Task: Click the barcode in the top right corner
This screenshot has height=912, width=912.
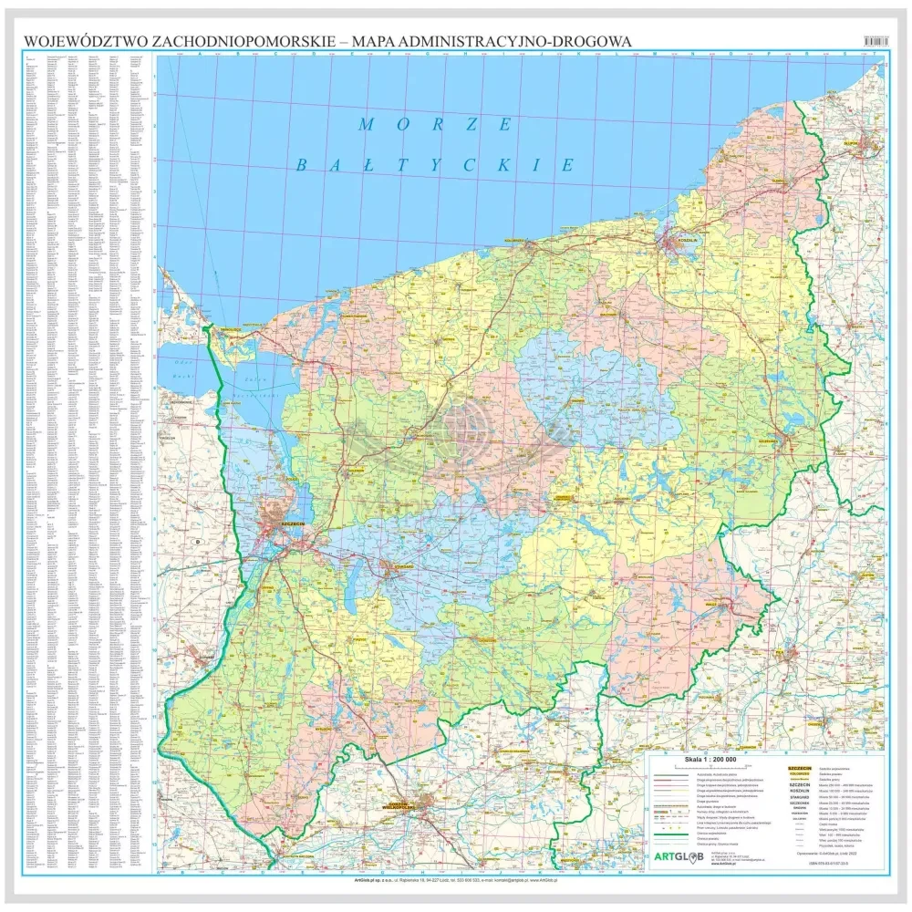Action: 874,41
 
